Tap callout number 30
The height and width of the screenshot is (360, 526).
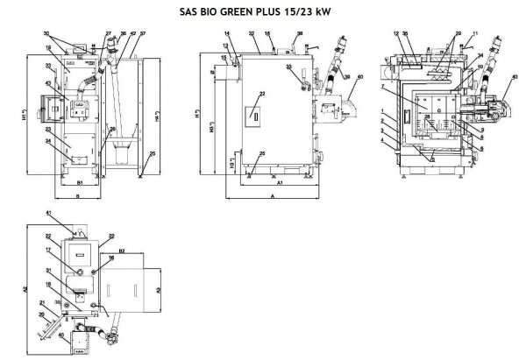pyautogui.click(x=46, y=33)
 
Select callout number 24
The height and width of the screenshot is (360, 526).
pyautogui.click(x=48, y=140)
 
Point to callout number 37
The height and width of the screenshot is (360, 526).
pyautogui.click(x=143, y=34)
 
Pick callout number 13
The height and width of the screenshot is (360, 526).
pyautogui.click(x=224, y=46)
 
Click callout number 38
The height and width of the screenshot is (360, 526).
pyautogui.click(x=300, y=33)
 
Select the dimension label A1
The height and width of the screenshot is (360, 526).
pyautogui.click(x=279, y=185)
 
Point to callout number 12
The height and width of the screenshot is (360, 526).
pyautogui.click(x=396, y=33)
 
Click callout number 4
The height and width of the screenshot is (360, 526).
pyautogui.click(x=383, y=141)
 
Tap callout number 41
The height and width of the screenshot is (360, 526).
pyautogui.click(x=49, y=215)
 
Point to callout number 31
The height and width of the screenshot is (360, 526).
pyautogui.click(x=49, y=271)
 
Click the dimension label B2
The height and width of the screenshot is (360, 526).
pyautogui.click(x=122, y=251)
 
